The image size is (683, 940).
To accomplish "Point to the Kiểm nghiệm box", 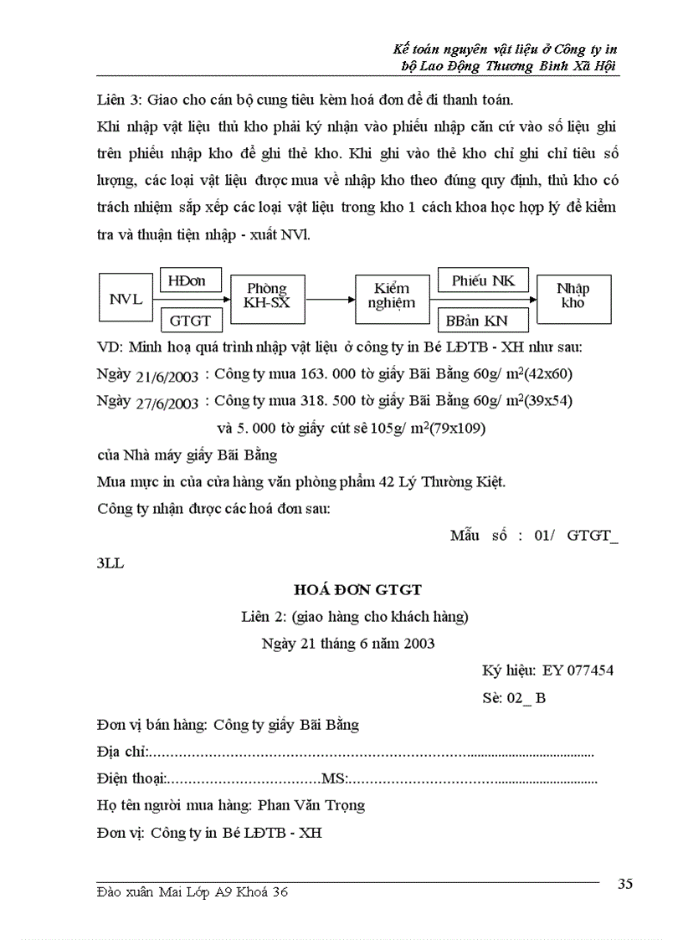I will [x=392, y=295].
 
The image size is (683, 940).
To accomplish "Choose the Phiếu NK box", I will [x=483, y=280].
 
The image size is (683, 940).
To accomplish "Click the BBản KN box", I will [x=483, y=320].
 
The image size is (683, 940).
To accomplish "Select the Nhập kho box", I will [x=573, y=295].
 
